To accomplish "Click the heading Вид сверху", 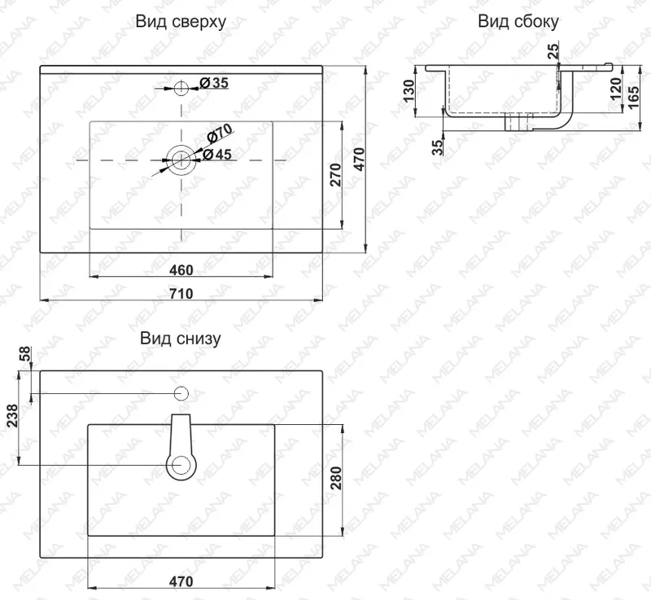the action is pos(181,22).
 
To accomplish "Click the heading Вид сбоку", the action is pos(518,21).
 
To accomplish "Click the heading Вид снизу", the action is pos(180,339).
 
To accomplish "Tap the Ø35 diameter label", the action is pos(214,82).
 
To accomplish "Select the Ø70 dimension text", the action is pos(219,133).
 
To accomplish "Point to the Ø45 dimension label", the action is pos(217,155).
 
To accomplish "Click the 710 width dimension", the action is pos(181,294).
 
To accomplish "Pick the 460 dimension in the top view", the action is pos(181,270).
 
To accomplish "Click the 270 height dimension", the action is pos(335,175).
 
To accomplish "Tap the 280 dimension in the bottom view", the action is pos(336,479).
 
